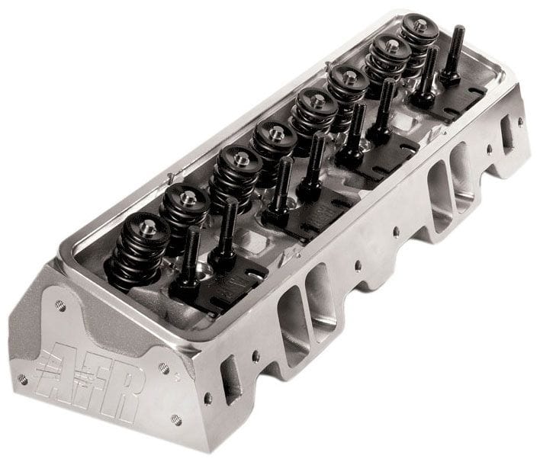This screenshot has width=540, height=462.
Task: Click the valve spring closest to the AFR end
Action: (x=139, y=248)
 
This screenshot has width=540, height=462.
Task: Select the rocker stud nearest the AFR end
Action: (x=188, y=259)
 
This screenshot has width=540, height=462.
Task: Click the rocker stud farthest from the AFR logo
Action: (x=456, y=53)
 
